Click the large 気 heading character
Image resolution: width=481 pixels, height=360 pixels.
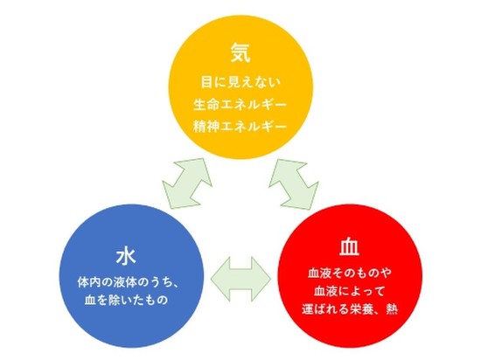(240, 52)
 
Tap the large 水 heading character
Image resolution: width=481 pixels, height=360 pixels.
(126, 256)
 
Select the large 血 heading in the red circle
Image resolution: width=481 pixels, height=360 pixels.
(350, 246)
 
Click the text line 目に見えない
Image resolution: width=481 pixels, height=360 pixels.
(240, 82)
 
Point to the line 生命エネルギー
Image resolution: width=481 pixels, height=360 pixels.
(240, 105)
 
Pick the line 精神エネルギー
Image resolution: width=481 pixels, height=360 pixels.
(240, 126)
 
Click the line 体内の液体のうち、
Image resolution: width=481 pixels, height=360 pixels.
(128, 282)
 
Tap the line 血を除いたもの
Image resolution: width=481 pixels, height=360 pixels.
(126, 300)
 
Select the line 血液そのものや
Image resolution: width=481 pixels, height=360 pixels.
(350, 273)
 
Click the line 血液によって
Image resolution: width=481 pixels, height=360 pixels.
(350, 290)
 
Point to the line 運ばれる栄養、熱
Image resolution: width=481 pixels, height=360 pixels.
(350, 308)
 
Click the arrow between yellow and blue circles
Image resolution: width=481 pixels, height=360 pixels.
(187, 183)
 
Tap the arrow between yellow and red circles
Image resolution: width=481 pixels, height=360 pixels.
(294, 184)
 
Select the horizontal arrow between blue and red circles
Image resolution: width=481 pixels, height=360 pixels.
(240, 279)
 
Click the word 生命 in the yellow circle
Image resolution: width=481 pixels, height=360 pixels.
(205, 105)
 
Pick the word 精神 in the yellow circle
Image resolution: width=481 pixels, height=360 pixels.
(205, 126)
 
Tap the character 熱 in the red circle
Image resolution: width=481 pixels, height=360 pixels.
(392, 308)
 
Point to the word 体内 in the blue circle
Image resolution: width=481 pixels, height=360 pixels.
(89, 282)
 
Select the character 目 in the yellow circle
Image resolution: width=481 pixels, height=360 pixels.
(206, 82)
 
